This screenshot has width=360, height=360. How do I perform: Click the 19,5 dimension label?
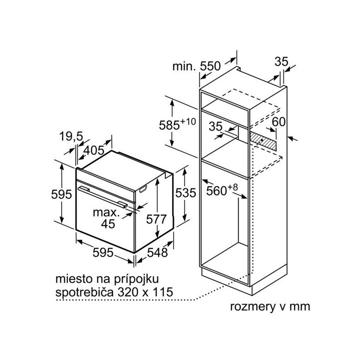point(71,137)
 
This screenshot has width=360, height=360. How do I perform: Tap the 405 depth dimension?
point(94,151)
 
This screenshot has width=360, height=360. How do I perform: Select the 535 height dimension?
point(185,193)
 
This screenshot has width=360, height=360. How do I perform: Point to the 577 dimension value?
point(156,219)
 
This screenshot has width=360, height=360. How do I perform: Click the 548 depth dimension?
point(157,253)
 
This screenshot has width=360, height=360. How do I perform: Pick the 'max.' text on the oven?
point(106,212)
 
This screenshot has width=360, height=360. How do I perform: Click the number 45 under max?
point(108,224)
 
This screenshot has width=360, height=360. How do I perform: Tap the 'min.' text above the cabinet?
point(184,67)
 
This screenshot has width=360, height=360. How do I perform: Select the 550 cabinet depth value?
point(210,66)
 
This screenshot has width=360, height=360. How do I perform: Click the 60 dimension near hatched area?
point(279,122)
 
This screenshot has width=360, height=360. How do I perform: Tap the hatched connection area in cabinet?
point(263,140)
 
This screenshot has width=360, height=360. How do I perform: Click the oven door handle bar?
point(103,197)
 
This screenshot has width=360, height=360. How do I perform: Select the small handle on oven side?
point(143,189)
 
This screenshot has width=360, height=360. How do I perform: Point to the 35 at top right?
point(281,62)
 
